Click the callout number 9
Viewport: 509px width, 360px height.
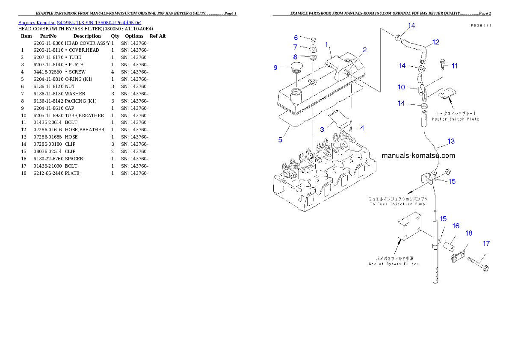click(276, 68)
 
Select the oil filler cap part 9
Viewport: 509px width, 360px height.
click(295, 68)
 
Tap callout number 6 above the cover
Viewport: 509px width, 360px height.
click(296, 38)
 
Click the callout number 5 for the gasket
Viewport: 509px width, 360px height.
click(280, 140)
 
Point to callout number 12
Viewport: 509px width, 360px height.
click(436, 42)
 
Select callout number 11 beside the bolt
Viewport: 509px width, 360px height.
click(455, 66)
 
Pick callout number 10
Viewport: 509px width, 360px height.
click(401, 87)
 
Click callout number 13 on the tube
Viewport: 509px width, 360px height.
click(451, 141)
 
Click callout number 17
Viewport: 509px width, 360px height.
click(486, 243)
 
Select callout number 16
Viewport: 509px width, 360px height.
click(456, 226)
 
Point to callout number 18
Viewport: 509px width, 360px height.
click(469, 233)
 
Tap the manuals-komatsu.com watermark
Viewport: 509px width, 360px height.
click(418, 156)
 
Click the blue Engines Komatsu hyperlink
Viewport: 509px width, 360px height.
click(80, 22)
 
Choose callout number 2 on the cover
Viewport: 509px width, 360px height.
click(364, 50)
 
